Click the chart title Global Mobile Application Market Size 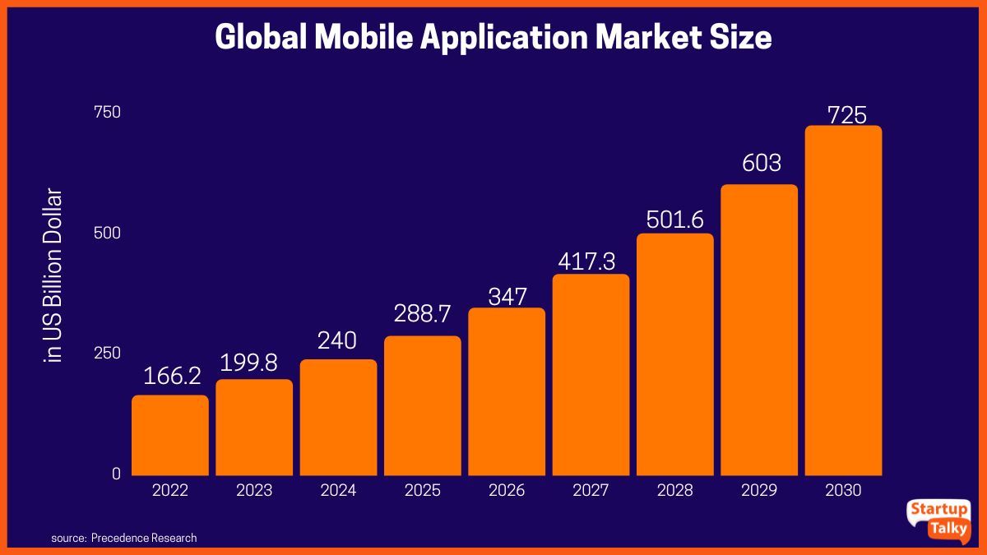493,38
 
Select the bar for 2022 170,435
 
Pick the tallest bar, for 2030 843,300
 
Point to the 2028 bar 675,354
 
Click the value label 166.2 172,376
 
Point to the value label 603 761,164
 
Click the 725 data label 846,115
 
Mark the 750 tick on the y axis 109,112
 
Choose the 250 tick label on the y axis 109,353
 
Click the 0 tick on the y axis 116,474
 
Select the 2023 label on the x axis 254,491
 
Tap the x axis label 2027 591,491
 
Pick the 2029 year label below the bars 759,491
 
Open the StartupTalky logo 938,520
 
